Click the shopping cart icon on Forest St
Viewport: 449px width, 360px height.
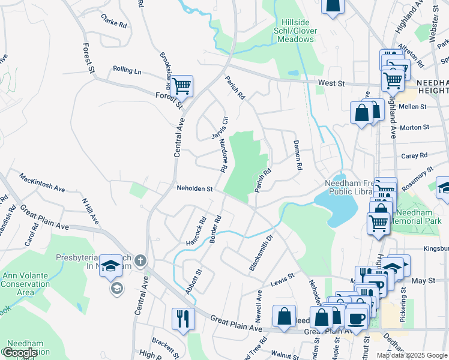click(x=181, y=86)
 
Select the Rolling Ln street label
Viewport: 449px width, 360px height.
click(x=127, y=71)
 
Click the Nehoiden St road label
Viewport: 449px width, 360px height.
click(x=195, y=188)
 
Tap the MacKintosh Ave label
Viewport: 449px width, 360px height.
click(x=42, y=184)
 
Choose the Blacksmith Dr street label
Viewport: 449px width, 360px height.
click(x=261, y=252)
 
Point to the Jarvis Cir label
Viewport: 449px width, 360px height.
click(x=220, y=128)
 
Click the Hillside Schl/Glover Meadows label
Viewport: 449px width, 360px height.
click(x=294, y=34)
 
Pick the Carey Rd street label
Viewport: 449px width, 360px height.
click(x=414, y=155)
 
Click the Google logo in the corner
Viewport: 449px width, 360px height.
click(x=20, y=353)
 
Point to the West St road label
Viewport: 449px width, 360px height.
click(x=331, y=82)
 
